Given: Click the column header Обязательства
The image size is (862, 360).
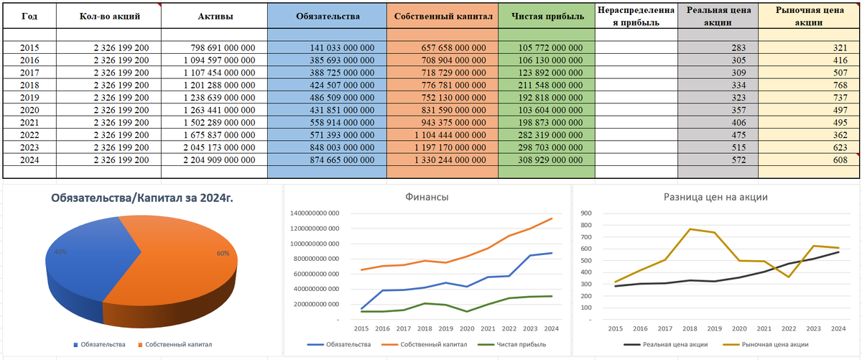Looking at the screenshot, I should coord(327,16).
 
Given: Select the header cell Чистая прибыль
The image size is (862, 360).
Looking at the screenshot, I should coord(546,16).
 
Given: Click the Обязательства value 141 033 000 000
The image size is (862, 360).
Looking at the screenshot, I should coord(328,47).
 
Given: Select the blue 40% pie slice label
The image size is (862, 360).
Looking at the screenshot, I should coord(60,252).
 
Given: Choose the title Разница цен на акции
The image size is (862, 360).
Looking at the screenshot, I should coord(717,197).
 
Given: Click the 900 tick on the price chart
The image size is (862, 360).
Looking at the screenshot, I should coord(586,213).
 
